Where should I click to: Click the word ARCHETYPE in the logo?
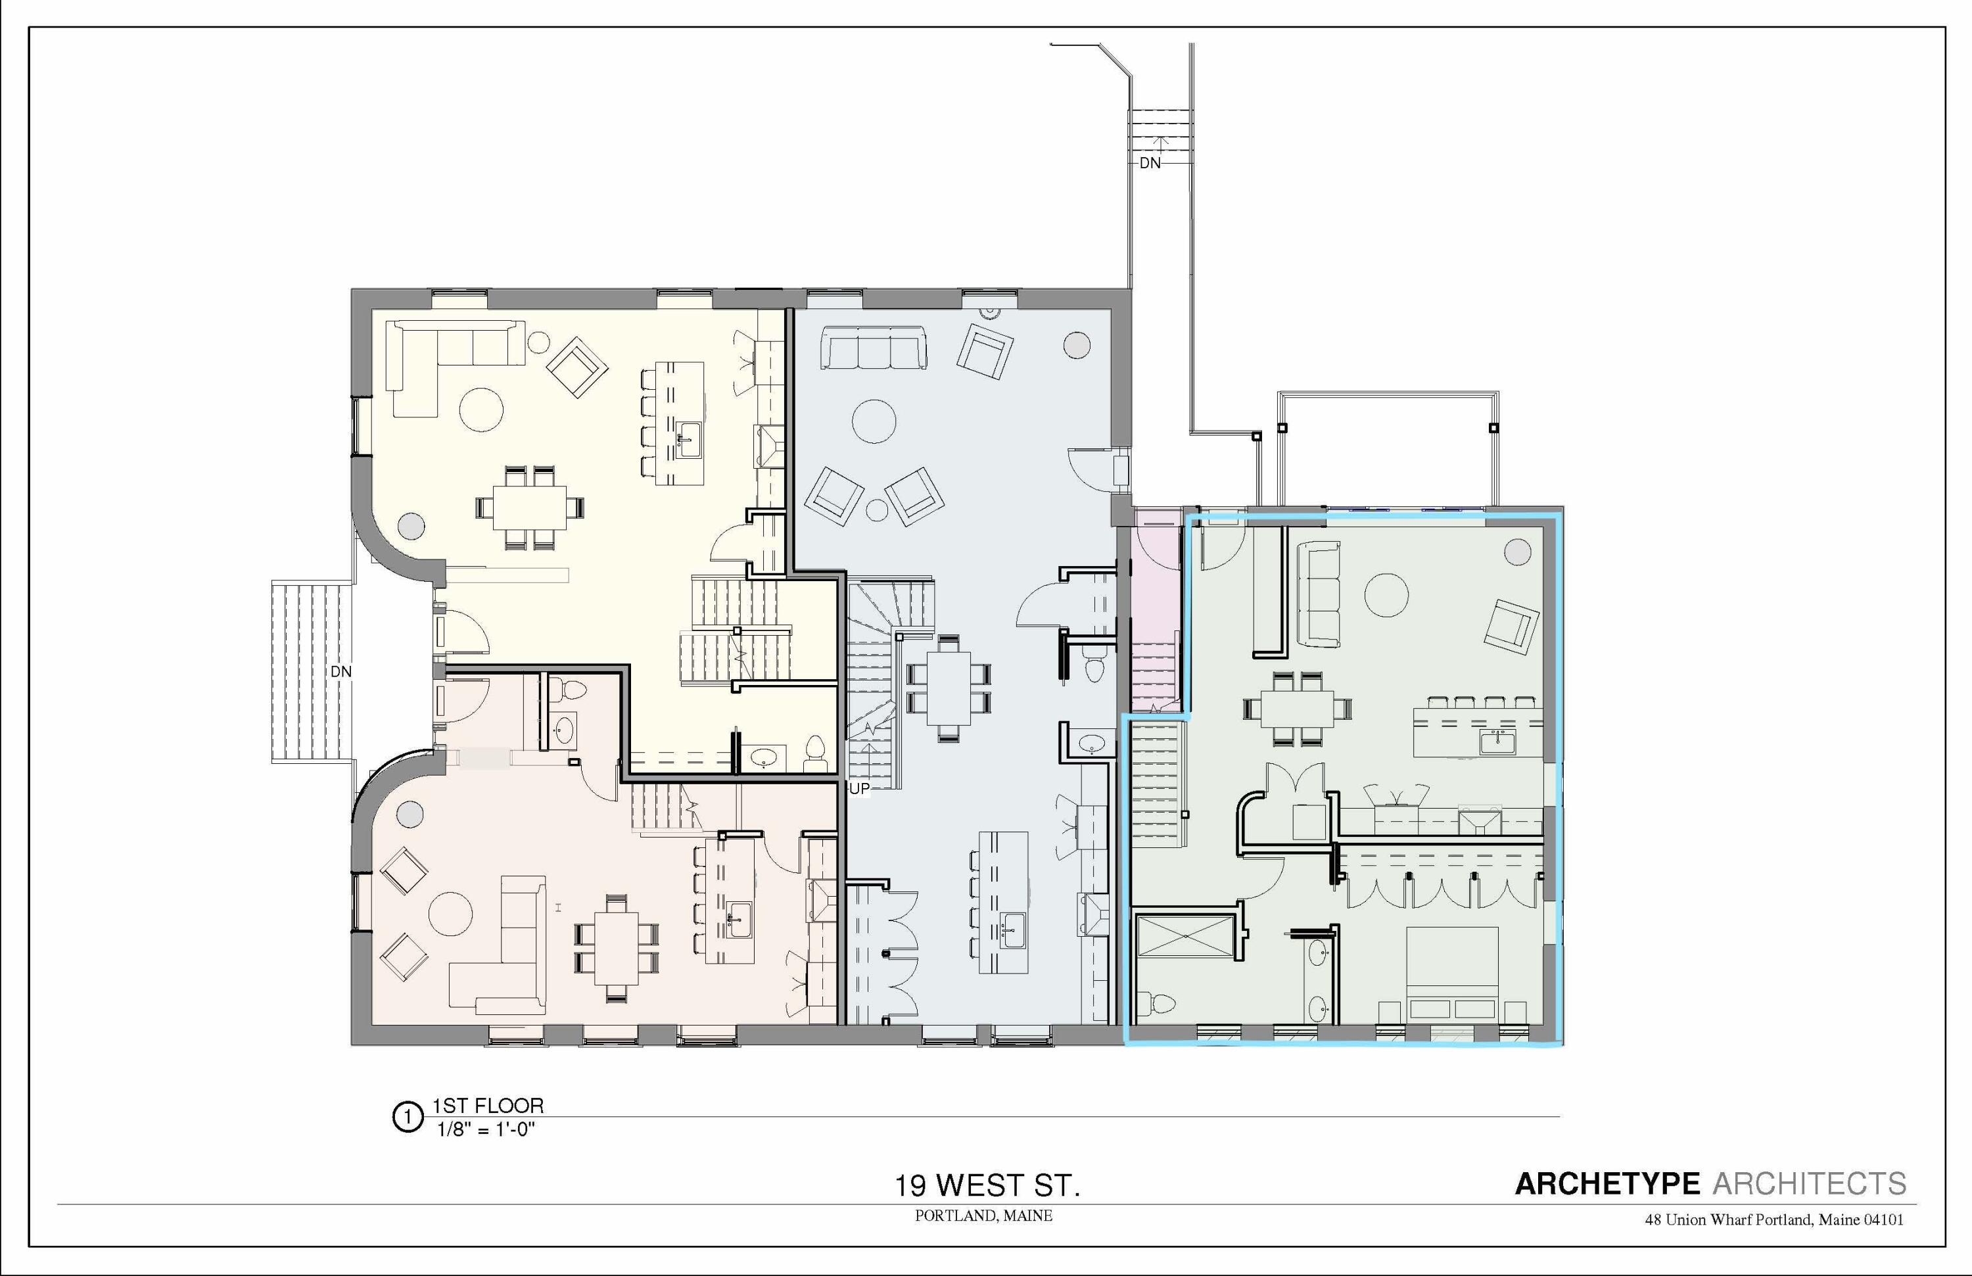pos(1607,1184)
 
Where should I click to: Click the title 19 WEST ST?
pos(986,1186)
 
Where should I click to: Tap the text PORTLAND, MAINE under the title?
pos(983,1216)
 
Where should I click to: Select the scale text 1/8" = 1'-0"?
pos(486,1129)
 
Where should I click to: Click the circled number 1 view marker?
pos(407,1117)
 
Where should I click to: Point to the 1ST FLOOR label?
pos(488,1105)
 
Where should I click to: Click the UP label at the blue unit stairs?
pos(859,789)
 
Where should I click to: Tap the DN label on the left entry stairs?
pos(340,671)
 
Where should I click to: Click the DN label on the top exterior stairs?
pos(1150,163)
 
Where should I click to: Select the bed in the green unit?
pos(1453,974)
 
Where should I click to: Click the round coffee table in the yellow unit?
pos(481,410)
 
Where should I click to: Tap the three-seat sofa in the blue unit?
pos(874,347)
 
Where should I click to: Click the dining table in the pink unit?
pos(616,947)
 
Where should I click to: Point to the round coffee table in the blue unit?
pos(874,421)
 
